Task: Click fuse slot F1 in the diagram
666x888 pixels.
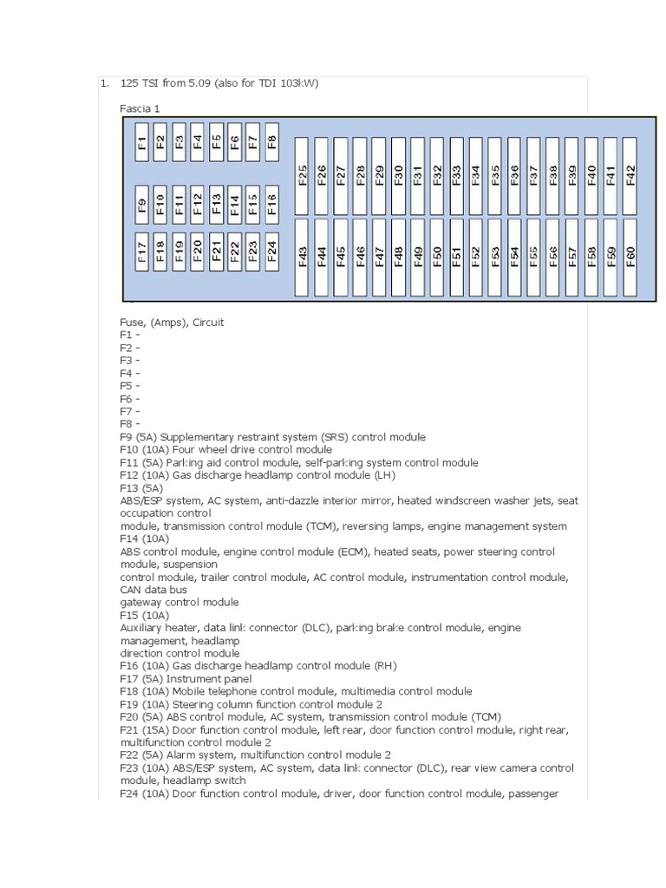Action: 141,141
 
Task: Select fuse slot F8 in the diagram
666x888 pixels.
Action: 272,141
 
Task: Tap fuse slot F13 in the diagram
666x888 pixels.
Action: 216,204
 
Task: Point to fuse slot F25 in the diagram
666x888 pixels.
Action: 303,175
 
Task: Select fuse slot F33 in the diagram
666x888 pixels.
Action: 456,175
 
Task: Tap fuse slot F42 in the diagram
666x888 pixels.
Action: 630,175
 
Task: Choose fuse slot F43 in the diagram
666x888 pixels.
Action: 303,257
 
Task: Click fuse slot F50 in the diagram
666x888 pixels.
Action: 437,257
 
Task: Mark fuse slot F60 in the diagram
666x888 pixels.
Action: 630,257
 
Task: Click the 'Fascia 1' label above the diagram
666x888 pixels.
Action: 140,108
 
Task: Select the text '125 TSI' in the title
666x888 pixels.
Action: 140,83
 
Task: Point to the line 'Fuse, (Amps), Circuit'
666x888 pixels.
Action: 172,323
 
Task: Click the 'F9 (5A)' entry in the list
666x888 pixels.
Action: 139,437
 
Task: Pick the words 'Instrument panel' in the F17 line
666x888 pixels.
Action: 212,679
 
